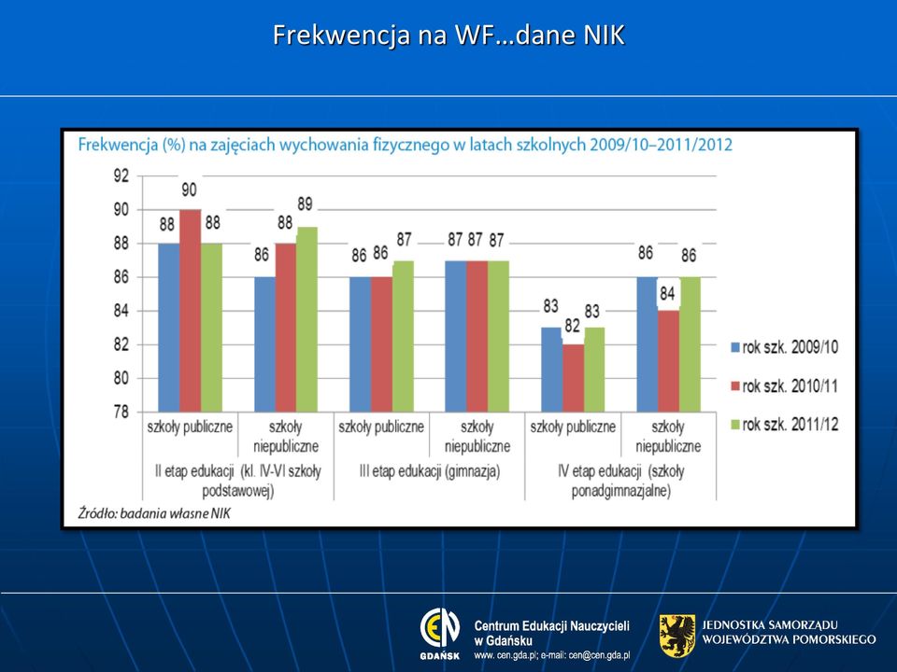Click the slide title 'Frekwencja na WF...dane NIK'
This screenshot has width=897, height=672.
(448, 35)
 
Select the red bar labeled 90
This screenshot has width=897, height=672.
(191, 310)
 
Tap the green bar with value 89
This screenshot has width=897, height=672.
(306, 319)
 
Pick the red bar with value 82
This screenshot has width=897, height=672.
(573, 378)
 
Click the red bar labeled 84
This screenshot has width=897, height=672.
(669, 361)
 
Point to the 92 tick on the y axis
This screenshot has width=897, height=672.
(121, 176)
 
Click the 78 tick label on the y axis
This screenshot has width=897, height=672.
(121, 412)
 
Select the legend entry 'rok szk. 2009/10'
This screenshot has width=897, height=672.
(784, 347)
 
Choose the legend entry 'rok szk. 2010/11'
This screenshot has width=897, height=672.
(784, 386)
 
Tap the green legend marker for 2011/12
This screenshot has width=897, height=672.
(735, 425)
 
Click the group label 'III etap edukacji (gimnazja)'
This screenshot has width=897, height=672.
(430, 471)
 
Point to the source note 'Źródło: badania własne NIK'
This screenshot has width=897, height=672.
(154, 513)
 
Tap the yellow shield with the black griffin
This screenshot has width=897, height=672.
(677, 636)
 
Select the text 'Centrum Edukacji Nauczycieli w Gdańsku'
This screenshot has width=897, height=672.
(552, 633)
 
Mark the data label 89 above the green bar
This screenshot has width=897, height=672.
(305, 204)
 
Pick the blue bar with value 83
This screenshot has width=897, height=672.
(551, 370)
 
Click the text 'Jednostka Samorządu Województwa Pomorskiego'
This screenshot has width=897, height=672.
(789, 632)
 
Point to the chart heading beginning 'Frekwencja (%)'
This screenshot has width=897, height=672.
(405, 145)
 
